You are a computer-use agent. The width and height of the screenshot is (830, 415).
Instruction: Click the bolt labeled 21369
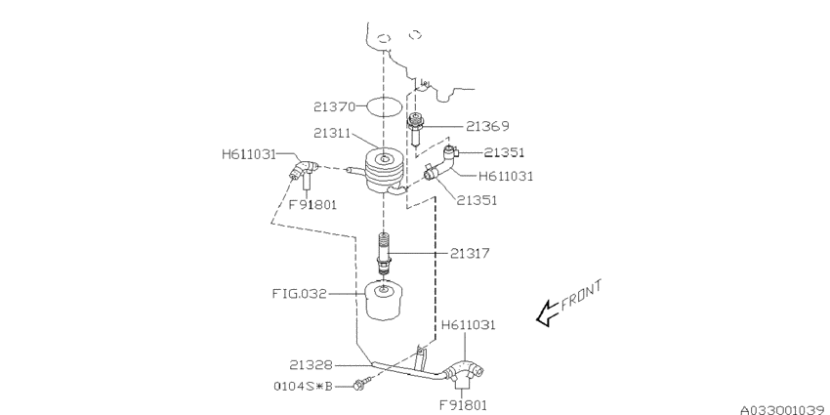[414, 127]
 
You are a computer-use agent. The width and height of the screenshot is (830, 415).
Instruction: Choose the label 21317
[471, 253]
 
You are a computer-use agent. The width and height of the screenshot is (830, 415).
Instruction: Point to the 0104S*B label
[302, 386]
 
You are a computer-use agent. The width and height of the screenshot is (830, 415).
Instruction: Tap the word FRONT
[583, 295]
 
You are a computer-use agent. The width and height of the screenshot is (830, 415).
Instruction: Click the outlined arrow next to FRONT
[547, 312]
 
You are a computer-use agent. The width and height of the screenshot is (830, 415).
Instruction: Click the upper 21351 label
[504, 152]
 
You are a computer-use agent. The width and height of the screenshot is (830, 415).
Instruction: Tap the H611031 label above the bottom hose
[469, 324]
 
